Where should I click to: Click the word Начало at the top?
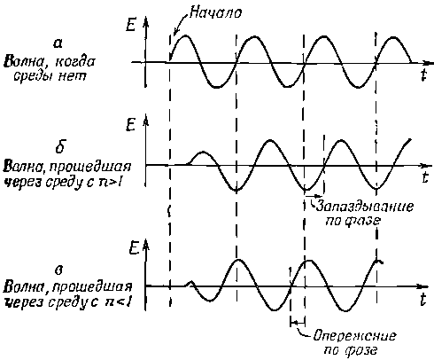click(215, 12)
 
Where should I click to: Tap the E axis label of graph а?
click(130, 25)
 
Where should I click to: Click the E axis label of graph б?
click(131, 125)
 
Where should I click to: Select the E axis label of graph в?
click(134, 248)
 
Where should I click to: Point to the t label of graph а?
click(424, 74)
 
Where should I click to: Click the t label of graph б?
click(424, 177)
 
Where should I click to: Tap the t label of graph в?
click(423, 300)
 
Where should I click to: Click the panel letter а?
click(58, 43)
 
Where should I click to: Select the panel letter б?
click(60, 146)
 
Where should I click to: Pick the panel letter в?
click(59, 270)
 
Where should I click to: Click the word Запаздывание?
click(365, 206)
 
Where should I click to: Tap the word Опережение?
click(354, 336)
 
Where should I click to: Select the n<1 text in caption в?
click(118, 302)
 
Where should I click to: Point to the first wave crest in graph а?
click(185, 35)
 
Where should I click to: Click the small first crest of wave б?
click(203, 153)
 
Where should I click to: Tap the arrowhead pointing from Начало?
click(175, 32)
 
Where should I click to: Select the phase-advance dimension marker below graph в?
click(298, 323)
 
